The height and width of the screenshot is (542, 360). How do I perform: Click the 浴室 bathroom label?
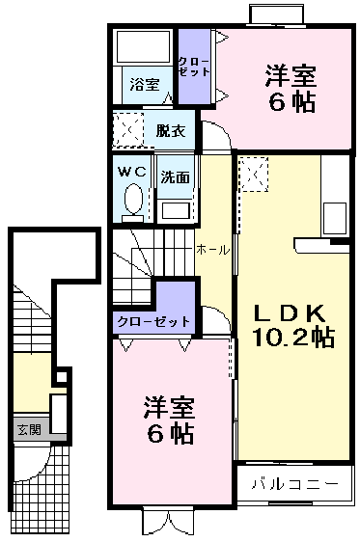[x=145, y=84]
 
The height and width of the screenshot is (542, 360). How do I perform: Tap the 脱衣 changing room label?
[x=171, y=130]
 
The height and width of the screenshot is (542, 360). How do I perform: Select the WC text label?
[x=132, y=172]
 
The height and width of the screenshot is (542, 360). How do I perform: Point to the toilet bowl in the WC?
[x=133, y=199]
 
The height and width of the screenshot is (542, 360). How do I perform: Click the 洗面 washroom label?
[x=176, y=177]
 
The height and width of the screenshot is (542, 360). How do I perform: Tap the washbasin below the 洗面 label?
[x=176, y=210]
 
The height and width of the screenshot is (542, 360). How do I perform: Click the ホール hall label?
[x=212, y=250]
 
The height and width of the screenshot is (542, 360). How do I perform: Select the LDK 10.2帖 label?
[x=293, y=326]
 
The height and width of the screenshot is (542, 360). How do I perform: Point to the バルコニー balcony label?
[x=295, y=483]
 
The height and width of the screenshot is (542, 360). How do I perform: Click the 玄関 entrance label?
[x=30, y=430]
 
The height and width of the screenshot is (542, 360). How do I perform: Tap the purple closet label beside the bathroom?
[x=194, y=67]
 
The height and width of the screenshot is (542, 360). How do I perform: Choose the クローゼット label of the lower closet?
[x=153, y=322]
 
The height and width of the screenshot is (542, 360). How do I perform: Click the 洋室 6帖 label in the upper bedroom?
[x=291, y=89]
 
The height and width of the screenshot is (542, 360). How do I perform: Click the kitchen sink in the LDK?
[x=334, y=218]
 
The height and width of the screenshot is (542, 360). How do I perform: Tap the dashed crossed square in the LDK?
[x=254, y=174]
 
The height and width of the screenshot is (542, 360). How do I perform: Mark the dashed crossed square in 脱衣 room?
[x=128, y=129]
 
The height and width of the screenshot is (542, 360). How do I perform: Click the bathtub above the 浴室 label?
[x=144, y=46]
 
